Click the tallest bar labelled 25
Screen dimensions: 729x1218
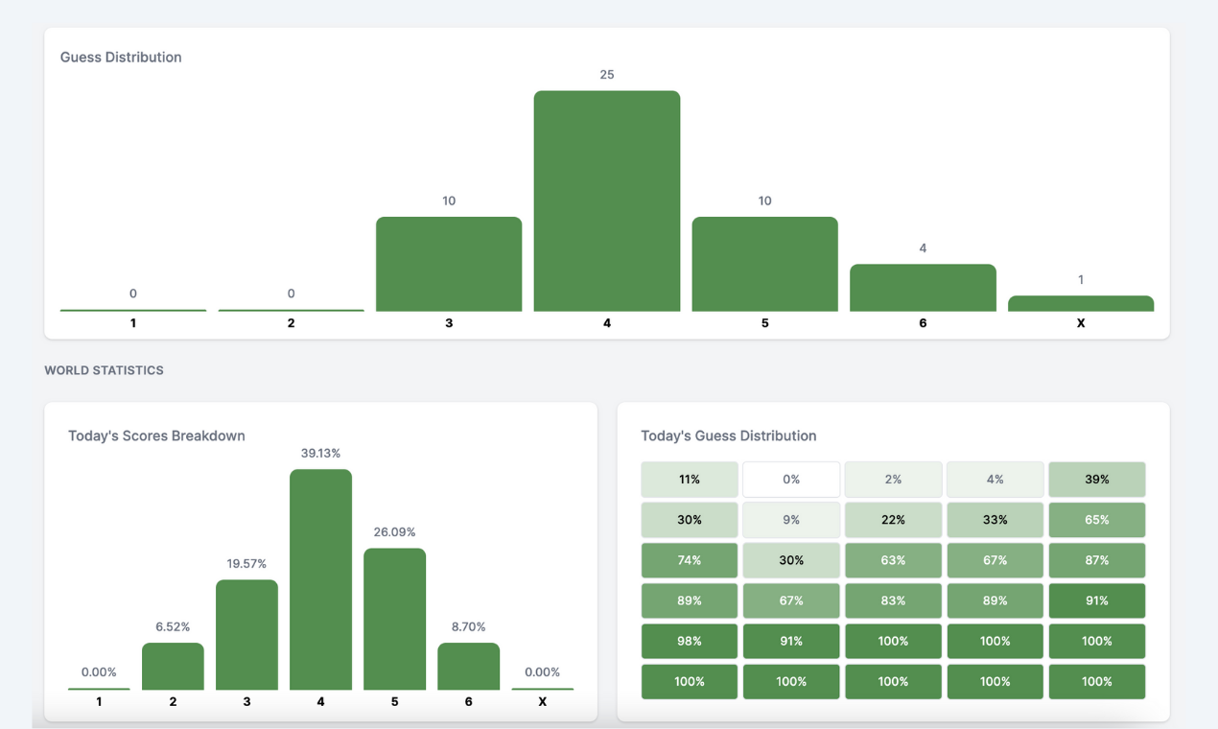(x=606, y=200)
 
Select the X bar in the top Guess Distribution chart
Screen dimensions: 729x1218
(x=1080, y=303)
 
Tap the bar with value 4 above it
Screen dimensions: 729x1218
(x=923, y=287)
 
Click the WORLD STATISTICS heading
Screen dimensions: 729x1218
(x=104, y=370)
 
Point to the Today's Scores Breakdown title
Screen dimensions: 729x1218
(x=156, y=435)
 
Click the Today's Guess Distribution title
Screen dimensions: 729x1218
(x=728, y=435)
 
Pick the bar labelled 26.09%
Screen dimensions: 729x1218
(x=394, y=619)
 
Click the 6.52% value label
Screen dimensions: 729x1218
(x=173, y=626)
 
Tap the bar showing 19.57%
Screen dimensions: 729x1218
(x=246, y=634)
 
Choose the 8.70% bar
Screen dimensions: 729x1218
(x=468, y=666)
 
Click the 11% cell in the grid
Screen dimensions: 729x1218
(x=690, y=480)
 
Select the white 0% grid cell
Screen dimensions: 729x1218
(x=791, y=480)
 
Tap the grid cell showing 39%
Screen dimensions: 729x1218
(x=1096, y=480)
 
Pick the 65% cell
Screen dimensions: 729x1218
(x=1096, y=520)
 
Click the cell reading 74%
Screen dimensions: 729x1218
(x=690, y=560)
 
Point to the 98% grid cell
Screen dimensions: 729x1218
(x=690, y=641)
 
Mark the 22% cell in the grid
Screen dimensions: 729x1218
(x=893, y=520)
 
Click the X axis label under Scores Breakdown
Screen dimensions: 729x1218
(x=542, y=702)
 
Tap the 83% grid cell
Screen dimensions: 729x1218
(x=893, y=600)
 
